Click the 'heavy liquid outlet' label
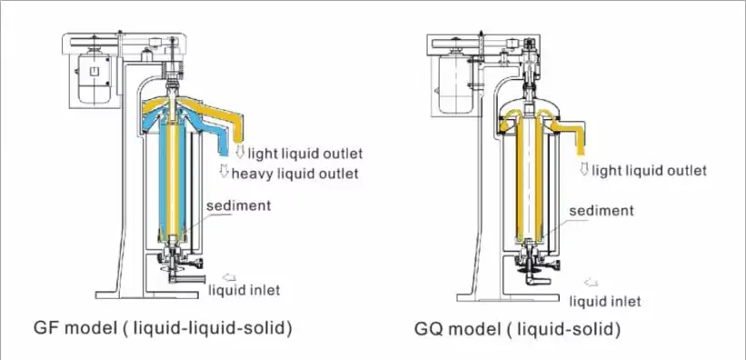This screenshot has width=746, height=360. coord(294,173)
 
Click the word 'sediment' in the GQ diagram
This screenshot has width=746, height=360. coord(601,211)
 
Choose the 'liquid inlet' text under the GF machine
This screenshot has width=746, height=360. coord(244,290)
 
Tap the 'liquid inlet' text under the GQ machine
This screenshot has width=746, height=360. coord(605,300)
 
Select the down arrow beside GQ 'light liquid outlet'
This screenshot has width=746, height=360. coord(584,170)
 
